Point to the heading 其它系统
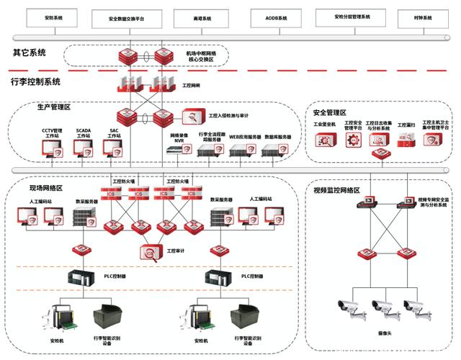(x=30, y=53)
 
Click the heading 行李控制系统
(x=35, y=81)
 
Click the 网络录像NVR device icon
(x=178, y=150)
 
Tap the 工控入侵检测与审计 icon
(x=192, y=115)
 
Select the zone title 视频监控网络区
(x=337, y=190)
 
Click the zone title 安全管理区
(x=331, y=112)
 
